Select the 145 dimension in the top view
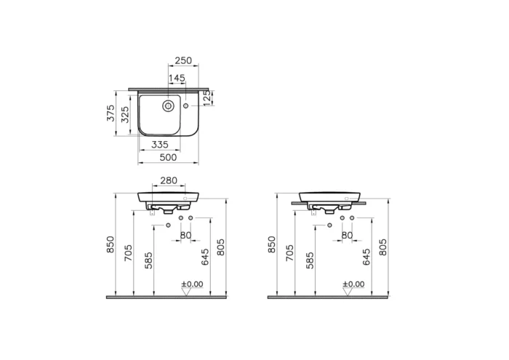tap(177, 78)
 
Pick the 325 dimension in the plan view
tap(125, 113)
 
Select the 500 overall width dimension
tap(169, 157)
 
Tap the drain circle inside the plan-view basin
tap(167, 106)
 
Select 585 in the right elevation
tap(309, 260)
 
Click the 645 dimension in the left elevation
tap(204, 256)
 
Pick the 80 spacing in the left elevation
tap(185, 235)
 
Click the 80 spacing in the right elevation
tap(347, 235)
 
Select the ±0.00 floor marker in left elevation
tap(192, 284)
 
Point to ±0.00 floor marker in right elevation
tap(353, 284)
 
